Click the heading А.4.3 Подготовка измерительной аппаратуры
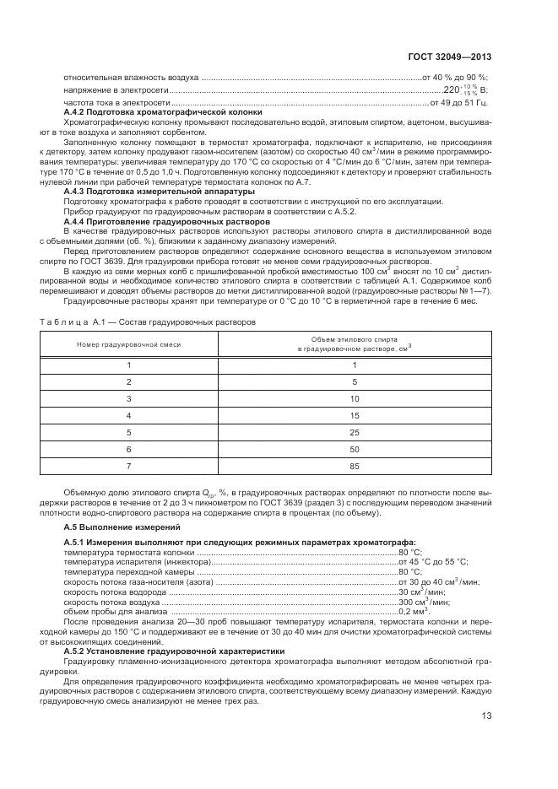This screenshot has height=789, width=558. pos(159,192)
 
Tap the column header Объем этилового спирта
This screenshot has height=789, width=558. pos(355,342)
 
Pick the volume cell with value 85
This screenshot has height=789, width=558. pos(355,467)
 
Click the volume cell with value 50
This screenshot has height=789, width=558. pos(355,450)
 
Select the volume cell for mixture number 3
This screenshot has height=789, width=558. pos(355,398)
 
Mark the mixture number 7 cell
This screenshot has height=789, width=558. pos(128,467)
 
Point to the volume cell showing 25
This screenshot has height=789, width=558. pos(355,433)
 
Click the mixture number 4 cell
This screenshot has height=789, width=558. pos(128,415)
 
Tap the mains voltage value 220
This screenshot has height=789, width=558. pos(452,90)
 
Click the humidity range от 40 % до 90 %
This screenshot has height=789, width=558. pos(455,77)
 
